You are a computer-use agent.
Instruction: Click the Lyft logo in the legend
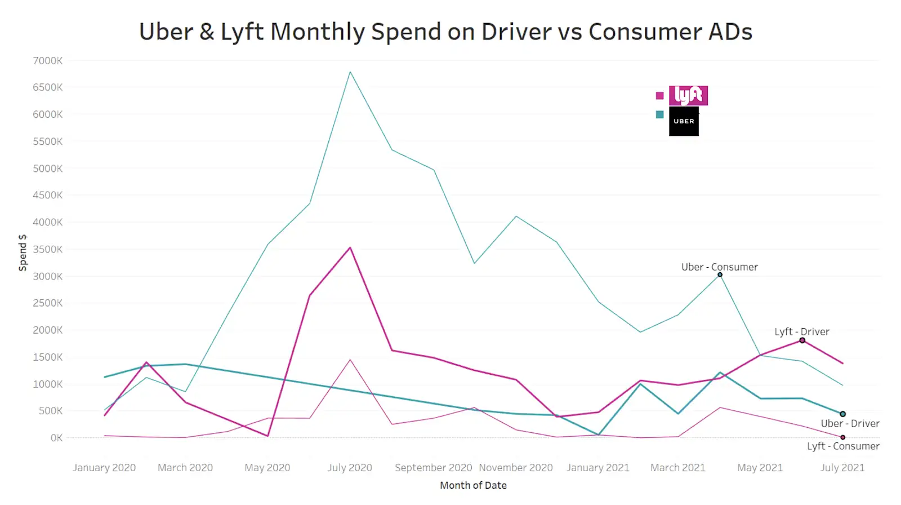tap(688, 95)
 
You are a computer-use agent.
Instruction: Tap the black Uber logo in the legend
tap(684, 121)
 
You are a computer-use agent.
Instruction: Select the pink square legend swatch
tap(659, 96)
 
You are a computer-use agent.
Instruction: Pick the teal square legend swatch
tap(659, 114)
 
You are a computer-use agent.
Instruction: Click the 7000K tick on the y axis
tap(48, 61)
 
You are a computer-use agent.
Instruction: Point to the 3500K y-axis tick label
tap(48, 249)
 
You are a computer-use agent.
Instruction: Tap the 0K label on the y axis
tap(56, 438)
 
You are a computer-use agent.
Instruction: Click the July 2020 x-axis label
tap(350, 468)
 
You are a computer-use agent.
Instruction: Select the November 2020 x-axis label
tap(516, 468)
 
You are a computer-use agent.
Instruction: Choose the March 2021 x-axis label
tap(677, 468)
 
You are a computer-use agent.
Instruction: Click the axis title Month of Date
tap(473, 485)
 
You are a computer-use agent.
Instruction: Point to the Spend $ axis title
tap(23, 253)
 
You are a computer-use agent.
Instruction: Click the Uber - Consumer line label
tap(719, 267)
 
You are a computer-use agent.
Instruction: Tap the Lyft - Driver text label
tap(801, 331)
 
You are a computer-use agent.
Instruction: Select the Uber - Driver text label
tap(850, 423)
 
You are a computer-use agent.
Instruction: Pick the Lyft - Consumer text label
tap(843, 446)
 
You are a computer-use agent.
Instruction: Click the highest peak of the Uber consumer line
tap(350, 72)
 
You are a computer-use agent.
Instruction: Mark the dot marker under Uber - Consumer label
tap(720, 274)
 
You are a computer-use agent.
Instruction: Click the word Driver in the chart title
tap(516, 32)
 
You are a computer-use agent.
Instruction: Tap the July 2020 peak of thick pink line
tap(350, 247)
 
